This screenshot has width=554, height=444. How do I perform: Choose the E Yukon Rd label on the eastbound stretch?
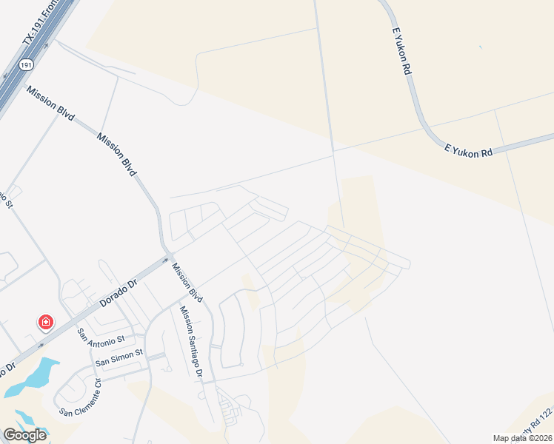tap(468, 150)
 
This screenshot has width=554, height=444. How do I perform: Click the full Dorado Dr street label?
tap(119, 293)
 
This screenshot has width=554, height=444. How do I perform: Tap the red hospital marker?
tap(46, 322)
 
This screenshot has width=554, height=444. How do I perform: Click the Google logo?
tap(24, 435)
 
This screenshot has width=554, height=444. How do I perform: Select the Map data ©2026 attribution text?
tap(522, 438)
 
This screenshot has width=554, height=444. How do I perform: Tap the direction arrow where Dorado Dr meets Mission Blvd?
tap(167, 259)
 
